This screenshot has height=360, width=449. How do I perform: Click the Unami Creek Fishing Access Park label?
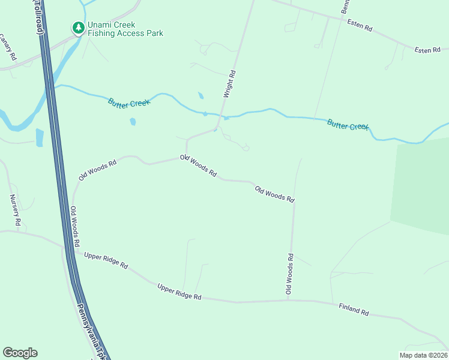[x=125, y=29]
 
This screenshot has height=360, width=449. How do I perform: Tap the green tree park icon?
[x=78, y=28]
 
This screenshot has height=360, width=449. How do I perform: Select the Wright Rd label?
[x=229, y=84]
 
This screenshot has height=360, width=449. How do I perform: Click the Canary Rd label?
[x=8, y=47]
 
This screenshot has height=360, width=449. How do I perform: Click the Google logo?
[x=20, y=353]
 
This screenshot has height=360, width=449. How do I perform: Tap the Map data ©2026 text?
[x=423, y=355]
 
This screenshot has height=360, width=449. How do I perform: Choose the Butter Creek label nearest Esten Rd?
[x=348, y=125]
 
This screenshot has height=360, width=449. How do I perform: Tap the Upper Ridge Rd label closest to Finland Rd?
[x=179, y=293]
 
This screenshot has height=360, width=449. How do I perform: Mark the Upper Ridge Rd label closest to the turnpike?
[x=106, y=260]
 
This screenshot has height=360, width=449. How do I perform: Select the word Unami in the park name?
[x=102, y=25]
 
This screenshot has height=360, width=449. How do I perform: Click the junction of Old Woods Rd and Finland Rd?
[x=289, y=300]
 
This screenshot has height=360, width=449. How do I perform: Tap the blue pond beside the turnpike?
[x=40, y=137]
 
